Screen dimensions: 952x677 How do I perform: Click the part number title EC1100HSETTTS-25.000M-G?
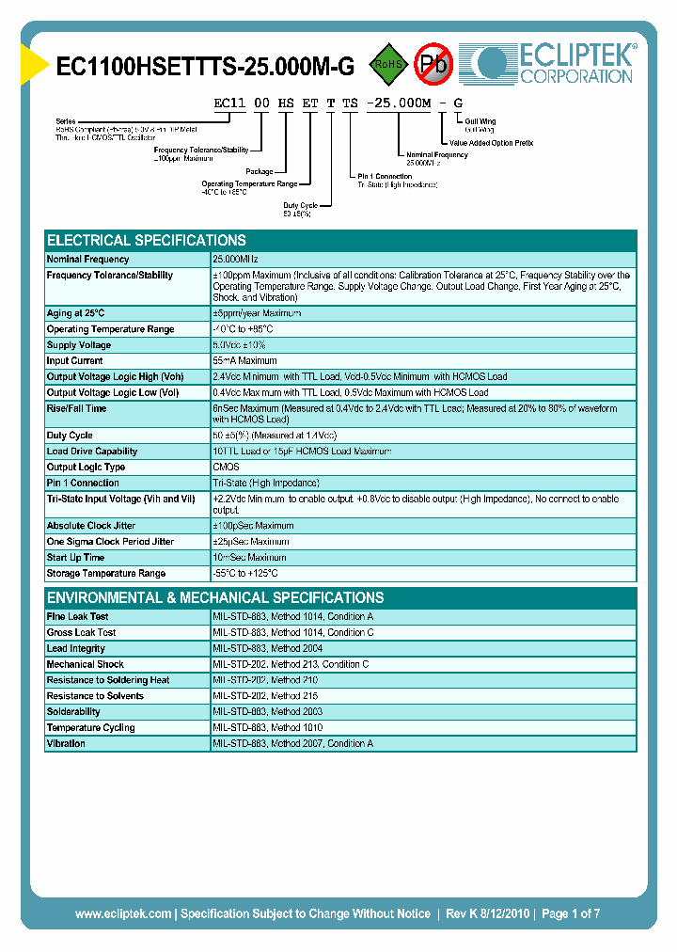(x=206, y=66)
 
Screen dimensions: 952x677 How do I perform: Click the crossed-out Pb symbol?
(x=433, y=64)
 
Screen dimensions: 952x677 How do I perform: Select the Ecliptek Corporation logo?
(x=555, y=63)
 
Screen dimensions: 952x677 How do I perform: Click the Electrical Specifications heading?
(x=147, y=240)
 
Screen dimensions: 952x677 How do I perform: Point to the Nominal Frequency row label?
(x=88, y=259)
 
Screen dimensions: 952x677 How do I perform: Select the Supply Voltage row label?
(x=79, y=345)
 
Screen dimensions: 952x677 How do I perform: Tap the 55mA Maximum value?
(x=244, y=361)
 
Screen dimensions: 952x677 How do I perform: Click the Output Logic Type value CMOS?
(x=227, y=468)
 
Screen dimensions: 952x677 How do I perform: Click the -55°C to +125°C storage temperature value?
(x=245, y=574)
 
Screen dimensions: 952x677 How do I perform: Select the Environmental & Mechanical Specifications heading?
(x=215, y=597)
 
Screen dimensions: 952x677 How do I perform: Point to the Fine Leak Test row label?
(x=78, y=617)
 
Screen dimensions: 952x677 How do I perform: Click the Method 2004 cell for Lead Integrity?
(x=267, y=649)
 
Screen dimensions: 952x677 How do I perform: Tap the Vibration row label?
(x=66, y=744)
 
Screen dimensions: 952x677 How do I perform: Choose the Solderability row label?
(x=73, y=712)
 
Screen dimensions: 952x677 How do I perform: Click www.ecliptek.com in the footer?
(x=123, y=913)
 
